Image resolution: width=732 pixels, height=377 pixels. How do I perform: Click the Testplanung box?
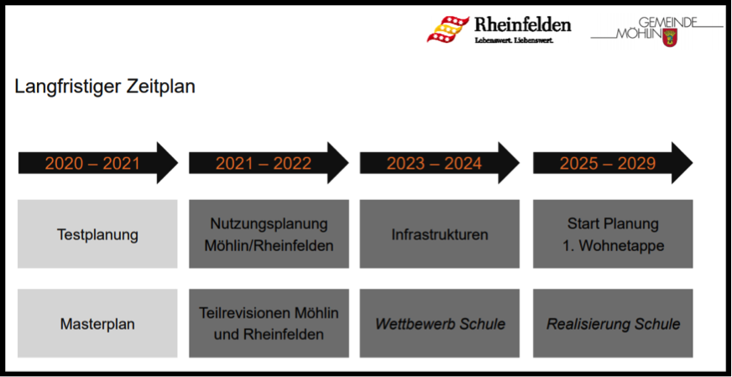97,234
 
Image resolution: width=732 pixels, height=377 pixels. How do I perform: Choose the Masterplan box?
97,323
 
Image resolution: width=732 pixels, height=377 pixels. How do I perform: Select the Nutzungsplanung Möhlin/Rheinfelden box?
269,234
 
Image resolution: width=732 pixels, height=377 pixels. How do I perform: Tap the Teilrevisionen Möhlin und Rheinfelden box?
269,323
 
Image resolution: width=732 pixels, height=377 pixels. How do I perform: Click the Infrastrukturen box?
440,234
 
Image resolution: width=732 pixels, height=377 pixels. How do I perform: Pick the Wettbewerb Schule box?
440,323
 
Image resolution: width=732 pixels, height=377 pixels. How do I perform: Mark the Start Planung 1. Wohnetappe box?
613,234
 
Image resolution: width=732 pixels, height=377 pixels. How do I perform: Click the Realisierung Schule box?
613,323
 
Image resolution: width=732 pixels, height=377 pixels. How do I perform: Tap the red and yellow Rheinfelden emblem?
447,29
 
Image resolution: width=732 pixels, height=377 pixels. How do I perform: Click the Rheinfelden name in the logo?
522,24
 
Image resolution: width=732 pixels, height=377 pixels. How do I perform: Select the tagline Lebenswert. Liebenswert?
514,40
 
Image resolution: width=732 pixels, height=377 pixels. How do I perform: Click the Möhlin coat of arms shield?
669,37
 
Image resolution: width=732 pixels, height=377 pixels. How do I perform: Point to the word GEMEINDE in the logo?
667,22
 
